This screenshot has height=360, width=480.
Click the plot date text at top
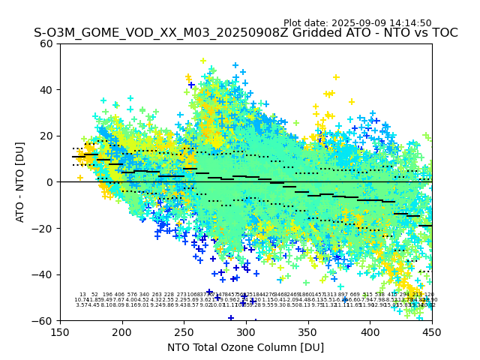(357, 23)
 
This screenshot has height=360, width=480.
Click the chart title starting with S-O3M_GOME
(245, 33)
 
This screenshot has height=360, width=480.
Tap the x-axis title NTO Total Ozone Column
(245, 347)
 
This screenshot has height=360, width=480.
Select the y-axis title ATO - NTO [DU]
(20, 181)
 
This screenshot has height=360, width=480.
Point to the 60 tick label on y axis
(46, 43)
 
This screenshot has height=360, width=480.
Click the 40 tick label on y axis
(46, 90)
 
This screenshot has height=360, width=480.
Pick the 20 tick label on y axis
(46, 136)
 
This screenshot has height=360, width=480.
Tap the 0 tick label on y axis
(49, 182)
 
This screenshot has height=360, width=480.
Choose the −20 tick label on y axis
(43, 228)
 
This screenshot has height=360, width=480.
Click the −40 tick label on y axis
(43, 274)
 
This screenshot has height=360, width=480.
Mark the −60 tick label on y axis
(43, 320)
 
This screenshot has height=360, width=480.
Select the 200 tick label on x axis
(122, 332)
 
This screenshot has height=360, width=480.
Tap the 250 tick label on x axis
(184, 332)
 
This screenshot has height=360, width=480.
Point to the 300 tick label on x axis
(246, 332)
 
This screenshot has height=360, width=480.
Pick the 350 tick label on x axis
(307, 332)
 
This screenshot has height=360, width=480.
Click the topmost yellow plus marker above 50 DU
(202, 61)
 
